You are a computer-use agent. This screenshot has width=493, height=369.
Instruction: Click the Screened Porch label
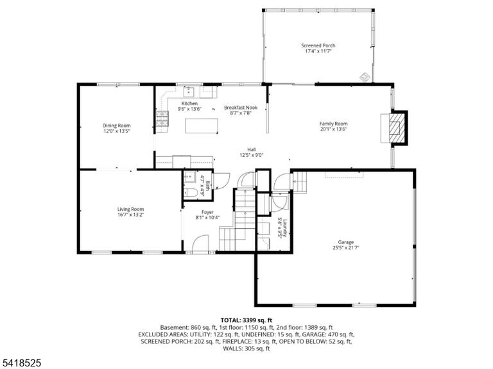[318, 45]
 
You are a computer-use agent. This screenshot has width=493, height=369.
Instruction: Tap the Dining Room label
[117, 126]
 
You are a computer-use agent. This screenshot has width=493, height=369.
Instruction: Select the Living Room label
[130, 209]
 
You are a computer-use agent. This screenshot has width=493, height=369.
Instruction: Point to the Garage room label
[346, 242]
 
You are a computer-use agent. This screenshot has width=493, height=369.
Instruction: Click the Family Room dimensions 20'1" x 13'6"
[333, 129]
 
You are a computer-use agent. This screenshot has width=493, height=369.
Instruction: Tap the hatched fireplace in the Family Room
[395, 127]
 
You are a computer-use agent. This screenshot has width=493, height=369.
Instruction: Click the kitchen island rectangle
[202, 126]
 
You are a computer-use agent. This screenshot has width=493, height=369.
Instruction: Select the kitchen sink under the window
[189, 92]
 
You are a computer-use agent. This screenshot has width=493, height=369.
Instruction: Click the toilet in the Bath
[191, 192]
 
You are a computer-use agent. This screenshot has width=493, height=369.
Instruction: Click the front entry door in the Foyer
[200, 243]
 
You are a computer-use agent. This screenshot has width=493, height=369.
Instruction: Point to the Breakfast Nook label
[241, 108]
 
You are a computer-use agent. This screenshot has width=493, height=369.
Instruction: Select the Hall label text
[252, 149]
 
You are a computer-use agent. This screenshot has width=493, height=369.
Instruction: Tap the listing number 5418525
[21, 363]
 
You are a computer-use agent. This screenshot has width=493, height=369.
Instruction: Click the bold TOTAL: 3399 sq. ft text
[246, 320]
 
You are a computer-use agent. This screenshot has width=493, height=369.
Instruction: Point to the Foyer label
[207, 212]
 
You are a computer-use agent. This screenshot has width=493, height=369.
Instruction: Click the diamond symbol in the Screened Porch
[365, 76]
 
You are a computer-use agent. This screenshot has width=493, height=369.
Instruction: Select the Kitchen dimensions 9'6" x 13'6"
[189, 109]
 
